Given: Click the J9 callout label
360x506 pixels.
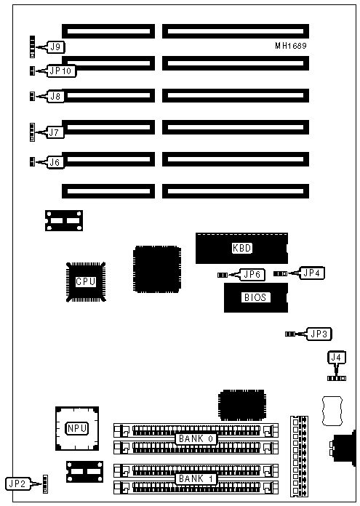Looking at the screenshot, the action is (x=56, y=47).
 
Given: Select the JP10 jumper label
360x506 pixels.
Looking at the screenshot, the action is (x=60, y=71).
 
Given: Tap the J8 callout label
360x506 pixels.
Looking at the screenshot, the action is (x=55, y=96).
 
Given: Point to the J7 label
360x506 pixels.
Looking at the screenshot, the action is (x=55, y=132).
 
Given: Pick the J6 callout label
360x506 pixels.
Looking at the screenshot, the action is (x=55, y=162).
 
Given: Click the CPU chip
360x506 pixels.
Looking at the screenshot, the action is (x=86, y=282).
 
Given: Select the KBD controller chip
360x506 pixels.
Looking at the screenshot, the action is (x=241, y=248).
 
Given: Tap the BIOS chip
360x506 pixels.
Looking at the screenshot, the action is (x=256, y=297).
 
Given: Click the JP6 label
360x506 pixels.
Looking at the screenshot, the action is (x=252, y=275).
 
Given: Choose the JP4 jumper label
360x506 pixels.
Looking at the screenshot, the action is (x=312, y=273).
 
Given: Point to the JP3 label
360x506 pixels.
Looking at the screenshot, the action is (x=319, y=334).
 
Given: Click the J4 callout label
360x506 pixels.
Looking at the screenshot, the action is (x=337, y=358).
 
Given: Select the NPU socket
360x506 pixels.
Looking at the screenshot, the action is (x=77, y=428).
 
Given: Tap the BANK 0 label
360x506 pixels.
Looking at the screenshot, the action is (x=196, y=439).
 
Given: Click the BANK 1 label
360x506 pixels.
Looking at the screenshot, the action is (x=196, y=478).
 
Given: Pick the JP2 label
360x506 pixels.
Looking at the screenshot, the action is (x=18, y=483).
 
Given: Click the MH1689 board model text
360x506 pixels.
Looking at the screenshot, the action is (x=291, y=46).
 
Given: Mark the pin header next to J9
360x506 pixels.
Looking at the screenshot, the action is (x=32, y=47).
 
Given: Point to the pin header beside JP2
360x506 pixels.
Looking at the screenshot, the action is (x=45, y=483).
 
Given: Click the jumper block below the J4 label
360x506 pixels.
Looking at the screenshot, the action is (x=337, y=378).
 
